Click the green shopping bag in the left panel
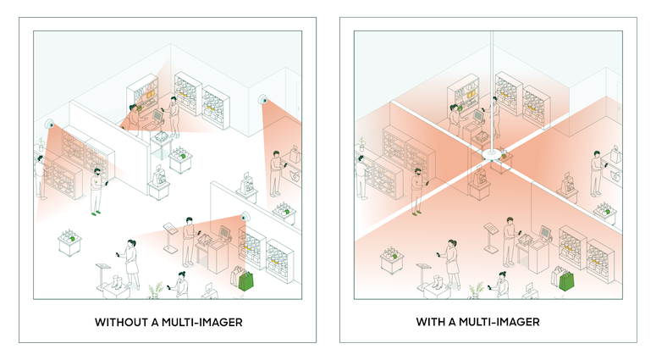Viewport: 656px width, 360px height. pos(246,281)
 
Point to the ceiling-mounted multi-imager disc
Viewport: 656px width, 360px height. pos(492,154)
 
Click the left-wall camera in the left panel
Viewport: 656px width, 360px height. pos(50,124)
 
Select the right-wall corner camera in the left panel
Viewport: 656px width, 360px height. pos(263,100)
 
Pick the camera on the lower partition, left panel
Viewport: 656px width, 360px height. pos(245,217)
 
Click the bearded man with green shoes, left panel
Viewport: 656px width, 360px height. pos(97,191)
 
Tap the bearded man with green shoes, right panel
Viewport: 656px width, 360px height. pos(417,191)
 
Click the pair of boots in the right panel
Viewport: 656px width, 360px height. pos(437,281)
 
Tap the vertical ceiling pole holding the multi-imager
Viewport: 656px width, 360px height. pos(492,90)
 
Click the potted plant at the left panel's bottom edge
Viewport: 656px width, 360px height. pos(156,290)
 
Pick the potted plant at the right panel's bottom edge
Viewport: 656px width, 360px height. pos(477,290)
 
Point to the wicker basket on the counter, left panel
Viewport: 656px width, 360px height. pos(162,136)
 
